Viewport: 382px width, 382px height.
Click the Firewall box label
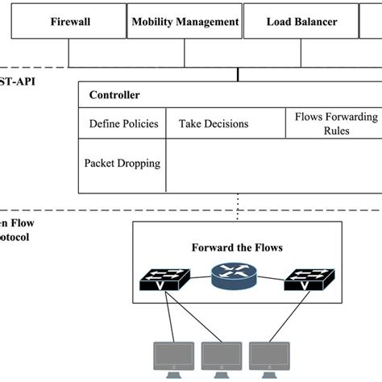pos(71,22)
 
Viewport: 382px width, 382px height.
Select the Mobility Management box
pos(185,22)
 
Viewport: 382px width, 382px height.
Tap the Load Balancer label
pos(301,22)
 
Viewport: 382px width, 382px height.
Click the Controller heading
pos(114,95)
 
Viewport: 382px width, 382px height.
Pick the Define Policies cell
pos(123,123)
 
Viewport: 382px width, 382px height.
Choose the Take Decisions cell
pos(214,123)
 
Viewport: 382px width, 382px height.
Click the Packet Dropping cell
pos(122,164)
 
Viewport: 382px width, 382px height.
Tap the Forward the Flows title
pos(237,247)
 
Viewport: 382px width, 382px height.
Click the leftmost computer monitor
pos(173,357)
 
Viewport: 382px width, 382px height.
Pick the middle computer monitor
pos(222,357)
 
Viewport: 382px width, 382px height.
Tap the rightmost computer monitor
pos(271,357)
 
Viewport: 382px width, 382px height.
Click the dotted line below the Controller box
pos(238,206)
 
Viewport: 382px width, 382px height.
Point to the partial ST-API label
pos(17,81)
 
